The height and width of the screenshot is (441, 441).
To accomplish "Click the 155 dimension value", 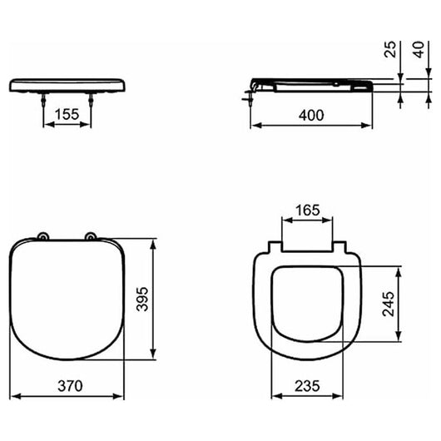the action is [x=67, y=115].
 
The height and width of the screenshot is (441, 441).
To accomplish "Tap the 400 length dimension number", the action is [x=311, y=116].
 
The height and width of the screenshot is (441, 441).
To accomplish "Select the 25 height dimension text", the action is [x=390, y=50].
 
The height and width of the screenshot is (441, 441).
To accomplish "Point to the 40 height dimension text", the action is [x=419, y=50].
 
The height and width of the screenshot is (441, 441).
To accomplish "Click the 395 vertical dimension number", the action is [x=142, y=300].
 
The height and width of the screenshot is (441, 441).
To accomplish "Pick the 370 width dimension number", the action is [x=71, y=386].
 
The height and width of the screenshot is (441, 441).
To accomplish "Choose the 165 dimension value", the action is [x=308, y=210].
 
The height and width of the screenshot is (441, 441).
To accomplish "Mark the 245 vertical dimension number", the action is [x=389, y=304].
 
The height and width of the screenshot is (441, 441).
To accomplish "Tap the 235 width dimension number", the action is [x=307, y=386].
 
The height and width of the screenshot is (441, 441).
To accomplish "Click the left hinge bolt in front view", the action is [x=43, y=101].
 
